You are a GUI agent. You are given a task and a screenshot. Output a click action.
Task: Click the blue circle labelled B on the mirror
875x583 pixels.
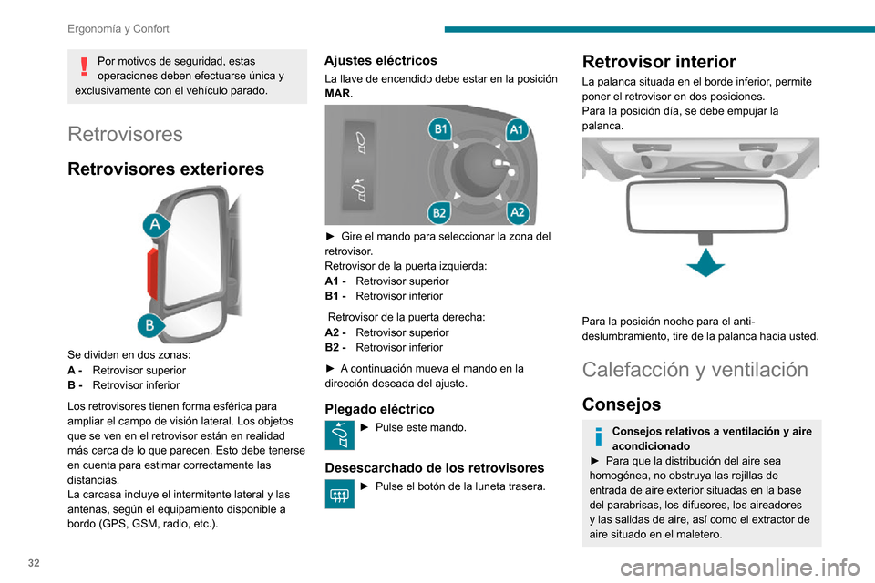pyautogui.click(x=151, y=325)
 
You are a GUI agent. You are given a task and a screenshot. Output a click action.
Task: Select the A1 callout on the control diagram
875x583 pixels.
pyautogui.click(x=517, y=129)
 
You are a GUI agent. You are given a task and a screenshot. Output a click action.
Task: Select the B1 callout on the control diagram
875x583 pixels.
pyautogui.click(x=441, y=129)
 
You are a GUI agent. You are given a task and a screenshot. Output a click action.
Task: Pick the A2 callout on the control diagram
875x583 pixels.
pyautogui.click(x=517, y=212)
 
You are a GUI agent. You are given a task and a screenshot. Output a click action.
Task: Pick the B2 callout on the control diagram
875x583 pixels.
pyautogui.click(x=439, y=212)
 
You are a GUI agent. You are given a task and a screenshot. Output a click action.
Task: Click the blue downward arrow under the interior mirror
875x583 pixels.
pyautogui.click(x=705, y=263)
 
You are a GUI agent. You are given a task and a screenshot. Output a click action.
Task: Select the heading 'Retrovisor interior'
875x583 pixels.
pyautogui.click(x=658, y=62)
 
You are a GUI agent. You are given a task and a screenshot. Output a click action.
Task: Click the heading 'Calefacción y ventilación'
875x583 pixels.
pyautogui.click(x=695, y=370)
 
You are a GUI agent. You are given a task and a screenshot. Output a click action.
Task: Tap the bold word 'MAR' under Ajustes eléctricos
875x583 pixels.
pyautogui.click(x=337, y=94)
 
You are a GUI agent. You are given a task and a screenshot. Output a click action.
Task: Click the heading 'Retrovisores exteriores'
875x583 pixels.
pyautogui.click(x=166, y=169)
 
